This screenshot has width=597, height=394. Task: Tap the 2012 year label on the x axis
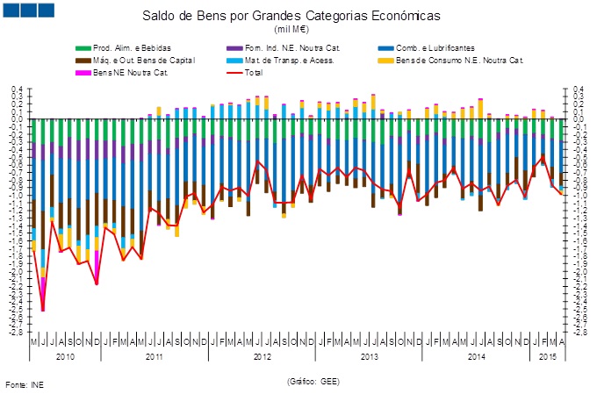click(x=263, y=356)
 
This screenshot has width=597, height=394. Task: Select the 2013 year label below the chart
click(x=370, y=356)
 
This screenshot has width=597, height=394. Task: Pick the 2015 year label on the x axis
click(x=546, y=356)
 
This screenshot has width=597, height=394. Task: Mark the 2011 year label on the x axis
click(x=155, y=356)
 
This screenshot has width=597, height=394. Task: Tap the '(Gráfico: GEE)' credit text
click(x=313, y=382)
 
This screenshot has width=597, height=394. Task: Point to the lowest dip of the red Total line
click(x=42, y=310)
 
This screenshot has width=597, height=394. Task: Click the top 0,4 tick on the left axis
click(x=17, y=90)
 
